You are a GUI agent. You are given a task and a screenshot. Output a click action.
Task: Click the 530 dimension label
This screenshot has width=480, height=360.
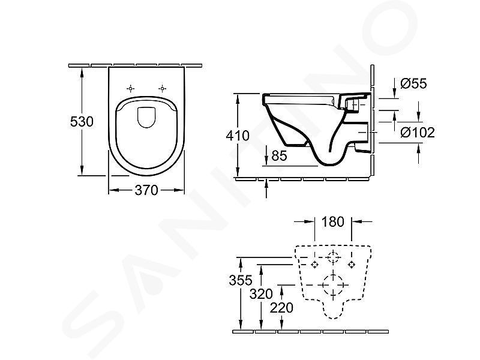82,122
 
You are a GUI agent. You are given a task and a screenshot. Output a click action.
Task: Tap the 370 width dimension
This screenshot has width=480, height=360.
146,190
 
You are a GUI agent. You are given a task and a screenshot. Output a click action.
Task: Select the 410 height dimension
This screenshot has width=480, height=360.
238,136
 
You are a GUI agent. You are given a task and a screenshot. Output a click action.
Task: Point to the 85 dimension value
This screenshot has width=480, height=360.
279,155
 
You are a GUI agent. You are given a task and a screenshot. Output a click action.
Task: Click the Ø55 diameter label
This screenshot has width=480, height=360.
413,83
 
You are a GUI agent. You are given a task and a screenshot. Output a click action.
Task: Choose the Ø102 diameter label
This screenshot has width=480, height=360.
418,132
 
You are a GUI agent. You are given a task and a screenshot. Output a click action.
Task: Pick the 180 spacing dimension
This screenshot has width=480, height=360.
333,221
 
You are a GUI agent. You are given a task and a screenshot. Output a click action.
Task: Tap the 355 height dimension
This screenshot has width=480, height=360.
241,280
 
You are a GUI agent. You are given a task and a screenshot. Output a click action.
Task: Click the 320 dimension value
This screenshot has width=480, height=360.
261,294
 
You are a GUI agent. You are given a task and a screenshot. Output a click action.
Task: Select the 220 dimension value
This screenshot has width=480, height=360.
281,308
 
